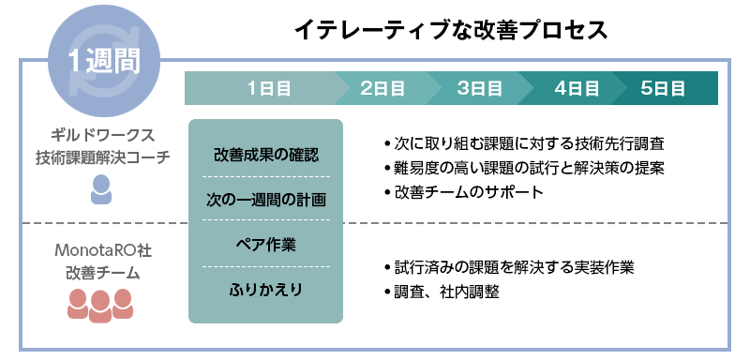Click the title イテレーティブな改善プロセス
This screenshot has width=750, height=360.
coord(451,30)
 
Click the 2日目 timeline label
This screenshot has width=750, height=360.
coord(382,88)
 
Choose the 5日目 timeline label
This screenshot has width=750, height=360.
coord(663,88)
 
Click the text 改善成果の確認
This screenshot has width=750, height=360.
coord(266,154)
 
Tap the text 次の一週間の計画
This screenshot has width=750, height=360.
coord(266,199)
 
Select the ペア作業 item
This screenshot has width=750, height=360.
coord(266,244)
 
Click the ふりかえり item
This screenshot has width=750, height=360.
coord(266,289)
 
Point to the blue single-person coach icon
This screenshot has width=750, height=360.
coord(102,190)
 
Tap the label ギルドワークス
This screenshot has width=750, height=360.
coord(102,134)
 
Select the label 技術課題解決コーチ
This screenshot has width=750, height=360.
coord(102,157)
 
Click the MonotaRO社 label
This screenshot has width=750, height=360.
coord(102,251)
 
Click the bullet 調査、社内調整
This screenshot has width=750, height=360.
coord(446,292)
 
